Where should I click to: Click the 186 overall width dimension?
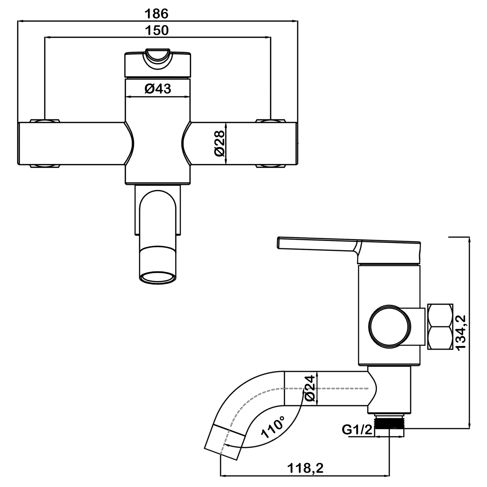pyautogui.click(x=156, y=14)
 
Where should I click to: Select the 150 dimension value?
pyautogui.click(x=157, y=30)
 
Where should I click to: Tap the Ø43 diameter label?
pyautogui.click(x=158, y=89)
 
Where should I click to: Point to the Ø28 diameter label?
pyautogui.click(x=220, y=144)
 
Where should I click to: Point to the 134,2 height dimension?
pyautogui.click(x=461, y=333)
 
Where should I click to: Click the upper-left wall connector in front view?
pyautogui.click(x=45, y=121)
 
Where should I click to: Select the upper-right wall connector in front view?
pyautogui.click(x=271, y=121)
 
